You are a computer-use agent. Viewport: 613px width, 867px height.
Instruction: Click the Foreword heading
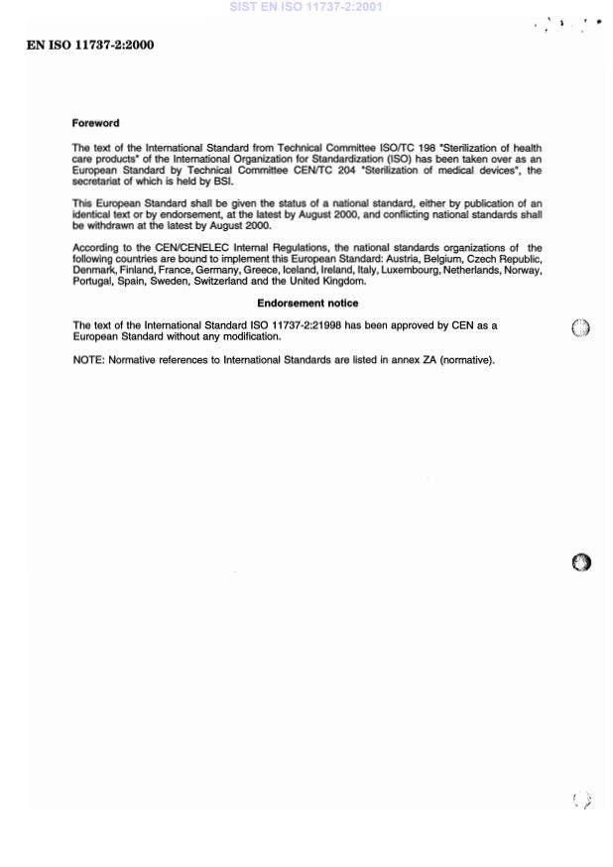pyautogui.click(x=95, y=123)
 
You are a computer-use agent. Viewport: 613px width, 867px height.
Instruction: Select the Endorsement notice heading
pyautogui.click(x=307, y=303)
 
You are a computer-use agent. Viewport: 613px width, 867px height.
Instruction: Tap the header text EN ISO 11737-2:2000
pyautogui.click(x=90, y=46)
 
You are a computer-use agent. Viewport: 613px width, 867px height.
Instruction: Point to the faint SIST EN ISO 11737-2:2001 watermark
pyautogui.click(x=306, y=7)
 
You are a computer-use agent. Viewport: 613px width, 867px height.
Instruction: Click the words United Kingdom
pyautogui.click(x=333, y=281)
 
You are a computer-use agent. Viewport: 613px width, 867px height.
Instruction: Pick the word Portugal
pyautogui.click(x=93, y=281)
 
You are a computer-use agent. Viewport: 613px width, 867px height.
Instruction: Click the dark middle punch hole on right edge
pyautogui.click(x=582, y=562)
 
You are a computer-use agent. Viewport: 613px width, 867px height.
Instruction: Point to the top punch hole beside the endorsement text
pyautogui.click(x=581, y=329)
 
